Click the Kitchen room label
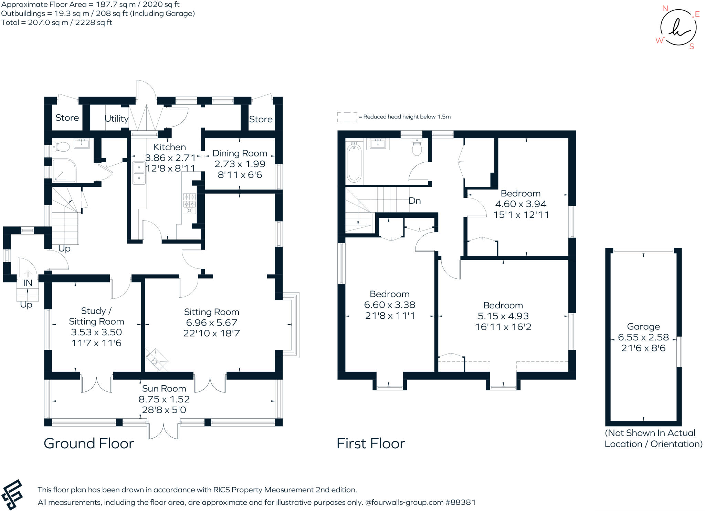[169, 147]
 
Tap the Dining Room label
[240, 153]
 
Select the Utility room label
[116, 119]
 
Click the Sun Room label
[164, 389]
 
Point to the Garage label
[643, 327]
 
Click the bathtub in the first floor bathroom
[354, 163]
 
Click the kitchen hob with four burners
[189, 203]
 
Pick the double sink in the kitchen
[139, 173]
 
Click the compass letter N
[665, 8]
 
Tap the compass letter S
[692, 47]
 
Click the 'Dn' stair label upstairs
[414, 201]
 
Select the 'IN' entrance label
[28, 283]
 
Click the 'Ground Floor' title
[89, 443]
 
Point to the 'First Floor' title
[371, 443]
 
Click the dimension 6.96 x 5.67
[211, 323]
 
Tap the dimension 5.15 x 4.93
[503, 316]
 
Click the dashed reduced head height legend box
[347, 117]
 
